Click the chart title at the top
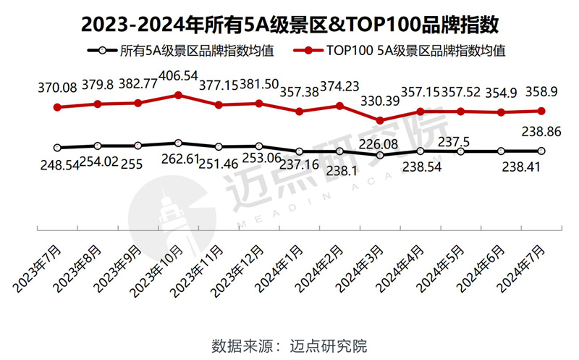tap(289, 25)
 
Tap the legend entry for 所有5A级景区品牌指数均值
tap(184, 51)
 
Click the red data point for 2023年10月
tap(179, 95)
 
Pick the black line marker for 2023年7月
tap(58, 148)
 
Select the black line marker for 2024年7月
tap(541, 151)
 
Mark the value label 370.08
tap(58, 87)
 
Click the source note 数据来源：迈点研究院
tap(289, 343)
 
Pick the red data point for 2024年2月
tap(340, 106)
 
